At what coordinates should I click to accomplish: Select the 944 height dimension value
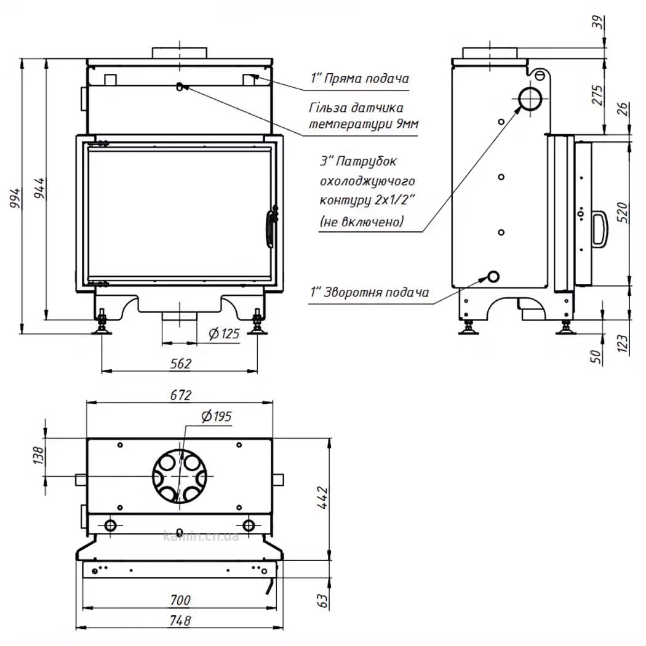pyautogui.click(x=39, y=188)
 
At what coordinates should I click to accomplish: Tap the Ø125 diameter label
pyautogui.click(x=224, y=333)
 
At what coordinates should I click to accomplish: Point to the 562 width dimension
pyautogui.click(x=181, y=364)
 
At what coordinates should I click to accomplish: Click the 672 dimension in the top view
pyautogui.click(x=181, y=395)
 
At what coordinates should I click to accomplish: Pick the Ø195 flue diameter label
pyautogui.click(x=217, y=417)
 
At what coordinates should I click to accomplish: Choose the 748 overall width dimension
pyautogui.click(x=180, y=620)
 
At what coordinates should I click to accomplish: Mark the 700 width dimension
pyautogui.click(x=180, y=600)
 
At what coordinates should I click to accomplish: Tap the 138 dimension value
pyautogui.click(x=38, y=456)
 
